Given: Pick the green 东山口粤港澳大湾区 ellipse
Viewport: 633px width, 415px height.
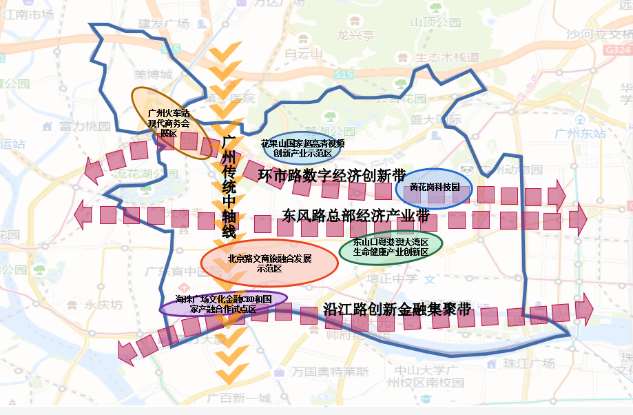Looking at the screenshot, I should tap(391, 247).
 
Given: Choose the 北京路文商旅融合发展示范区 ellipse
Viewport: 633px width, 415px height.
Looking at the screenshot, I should tap(269, 263).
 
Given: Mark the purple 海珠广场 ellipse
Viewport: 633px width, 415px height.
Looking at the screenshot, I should tap(223, 304).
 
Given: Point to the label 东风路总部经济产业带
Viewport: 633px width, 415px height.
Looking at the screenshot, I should tap(355, 216).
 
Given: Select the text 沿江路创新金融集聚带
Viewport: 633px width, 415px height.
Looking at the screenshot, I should tap(397, 310).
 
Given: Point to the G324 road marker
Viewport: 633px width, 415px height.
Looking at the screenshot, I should tap(618, 50).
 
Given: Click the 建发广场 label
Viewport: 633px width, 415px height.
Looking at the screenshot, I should tap(163, 23).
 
